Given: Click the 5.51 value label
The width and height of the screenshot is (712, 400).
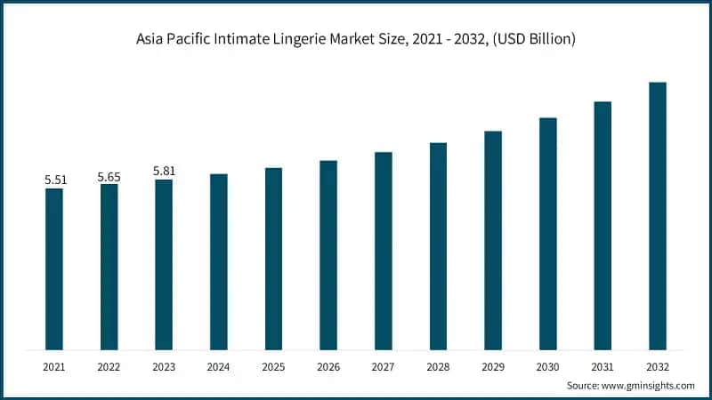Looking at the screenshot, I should pyautogui.click(x=55, y=180).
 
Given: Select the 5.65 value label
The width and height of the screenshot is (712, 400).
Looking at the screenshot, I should pyautogui.click(x=109, y=176).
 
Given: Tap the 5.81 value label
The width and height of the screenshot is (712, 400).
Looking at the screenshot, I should pyautogui.click(x=165, y=171).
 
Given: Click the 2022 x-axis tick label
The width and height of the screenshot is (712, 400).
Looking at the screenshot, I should pyautogui.click(x=109, y=365).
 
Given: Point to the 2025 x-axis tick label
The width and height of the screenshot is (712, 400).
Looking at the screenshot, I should pyautogui.click(x=273, y=365).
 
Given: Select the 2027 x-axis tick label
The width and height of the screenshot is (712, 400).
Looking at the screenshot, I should pyautogui.click(x=384, y=365).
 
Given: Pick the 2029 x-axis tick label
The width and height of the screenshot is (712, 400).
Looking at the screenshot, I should pyautogui.click(x=493, y=365).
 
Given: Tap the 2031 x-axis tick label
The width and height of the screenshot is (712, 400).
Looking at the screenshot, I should pyautogui.click(x=603, y=365).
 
